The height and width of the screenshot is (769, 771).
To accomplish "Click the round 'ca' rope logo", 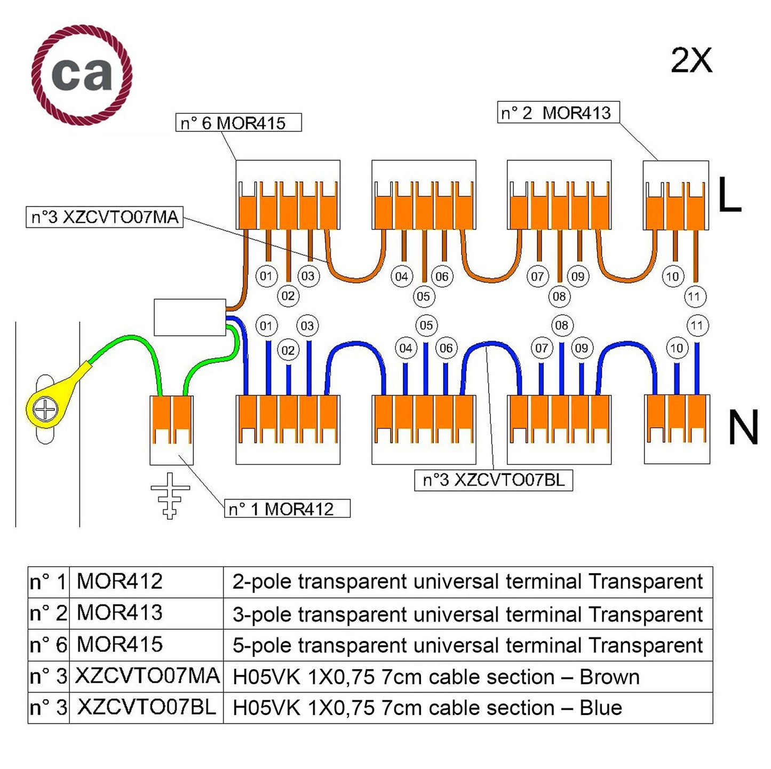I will click(82, 74).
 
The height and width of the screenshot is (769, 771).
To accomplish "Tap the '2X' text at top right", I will click(691, 60).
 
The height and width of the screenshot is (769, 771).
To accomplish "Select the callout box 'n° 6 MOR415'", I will click(239, 123).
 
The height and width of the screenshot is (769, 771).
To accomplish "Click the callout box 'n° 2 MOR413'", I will click(558, 113).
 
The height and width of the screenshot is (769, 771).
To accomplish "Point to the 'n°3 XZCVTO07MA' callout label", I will click(105, 217).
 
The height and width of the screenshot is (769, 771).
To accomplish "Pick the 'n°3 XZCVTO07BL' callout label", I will click(493, 480).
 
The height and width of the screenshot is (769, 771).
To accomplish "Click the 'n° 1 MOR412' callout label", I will click(287, 509).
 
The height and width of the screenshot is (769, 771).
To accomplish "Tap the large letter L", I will click(729, 195).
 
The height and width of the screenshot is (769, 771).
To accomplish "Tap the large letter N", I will click(743, 428).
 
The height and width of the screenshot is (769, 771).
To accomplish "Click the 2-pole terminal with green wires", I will click(171, 430).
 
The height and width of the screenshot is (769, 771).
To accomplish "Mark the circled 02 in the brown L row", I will click(288, 296).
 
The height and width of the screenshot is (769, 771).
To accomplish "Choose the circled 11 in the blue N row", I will click(697, 326).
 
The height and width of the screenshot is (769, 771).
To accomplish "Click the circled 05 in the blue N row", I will click(426, 326).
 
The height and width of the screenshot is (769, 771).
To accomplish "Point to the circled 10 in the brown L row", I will click(672, 276).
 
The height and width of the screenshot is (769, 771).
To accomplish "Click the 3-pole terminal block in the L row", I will click(675, 195).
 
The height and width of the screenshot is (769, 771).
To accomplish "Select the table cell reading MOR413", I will click(120, 613).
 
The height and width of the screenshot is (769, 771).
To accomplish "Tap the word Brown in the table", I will click(609, 677).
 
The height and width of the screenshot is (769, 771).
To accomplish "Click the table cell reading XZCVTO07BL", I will click(146, 707).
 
